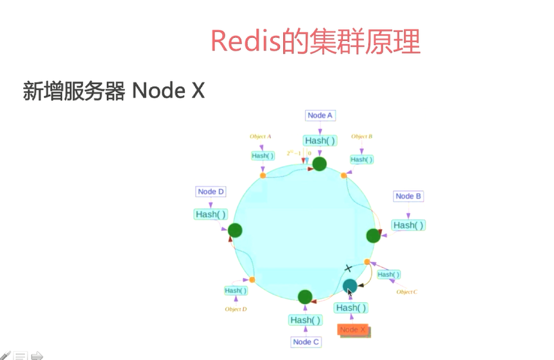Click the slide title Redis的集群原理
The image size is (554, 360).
315,42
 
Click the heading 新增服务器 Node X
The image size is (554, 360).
114,91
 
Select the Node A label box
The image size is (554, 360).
320,116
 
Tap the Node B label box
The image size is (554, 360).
408,196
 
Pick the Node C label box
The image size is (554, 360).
306,342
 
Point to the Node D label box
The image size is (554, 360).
211,192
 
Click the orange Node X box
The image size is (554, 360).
353,330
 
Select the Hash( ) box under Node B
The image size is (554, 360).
408,225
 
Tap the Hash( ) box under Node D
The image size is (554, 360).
211,214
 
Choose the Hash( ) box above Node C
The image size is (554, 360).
306,320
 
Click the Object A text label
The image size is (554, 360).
260,137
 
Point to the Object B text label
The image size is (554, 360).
362,137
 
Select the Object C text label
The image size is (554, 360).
406,292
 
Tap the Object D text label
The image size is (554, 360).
236,309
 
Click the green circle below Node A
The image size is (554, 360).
320,164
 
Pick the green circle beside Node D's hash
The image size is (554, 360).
235,230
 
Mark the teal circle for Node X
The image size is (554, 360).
350,286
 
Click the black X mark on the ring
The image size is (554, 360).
349,268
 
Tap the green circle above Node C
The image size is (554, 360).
306,296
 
